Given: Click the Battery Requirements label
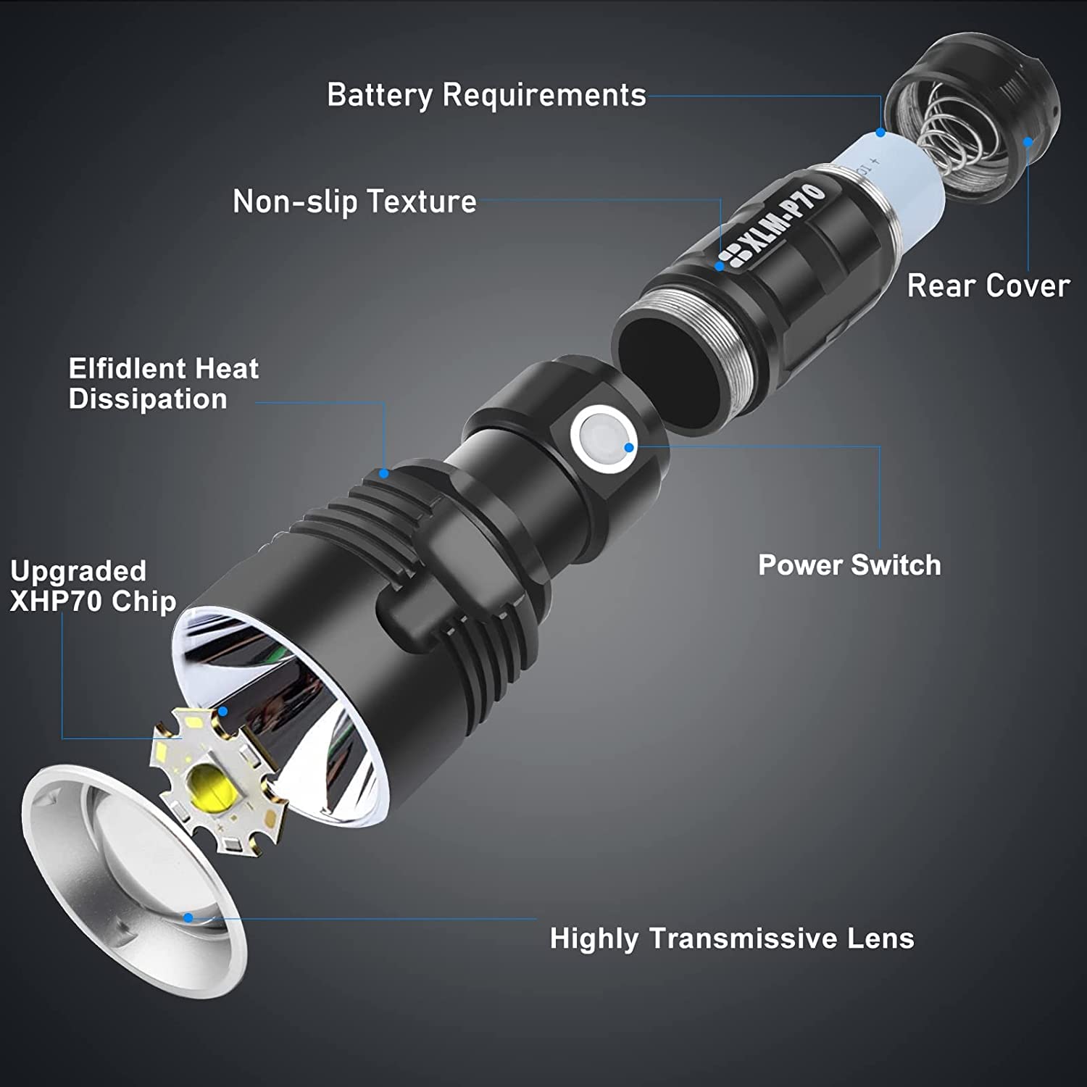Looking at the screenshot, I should [486, 95].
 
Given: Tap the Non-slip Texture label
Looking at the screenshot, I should [354, 201].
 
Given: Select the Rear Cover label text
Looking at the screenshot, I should [988, 286].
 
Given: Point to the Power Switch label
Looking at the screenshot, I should [849, 565].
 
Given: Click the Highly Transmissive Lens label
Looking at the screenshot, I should [732, 938].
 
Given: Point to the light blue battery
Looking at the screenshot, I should [899, 181].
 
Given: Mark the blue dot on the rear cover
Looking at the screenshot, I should [1028, 142].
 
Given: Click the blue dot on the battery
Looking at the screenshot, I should [880, 133].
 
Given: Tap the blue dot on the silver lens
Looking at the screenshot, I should [188, 917].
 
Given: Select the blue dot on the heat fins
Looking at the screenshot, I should [384, 474].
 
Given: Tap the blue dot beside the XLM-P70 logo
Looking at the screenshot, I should [720, 266].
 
